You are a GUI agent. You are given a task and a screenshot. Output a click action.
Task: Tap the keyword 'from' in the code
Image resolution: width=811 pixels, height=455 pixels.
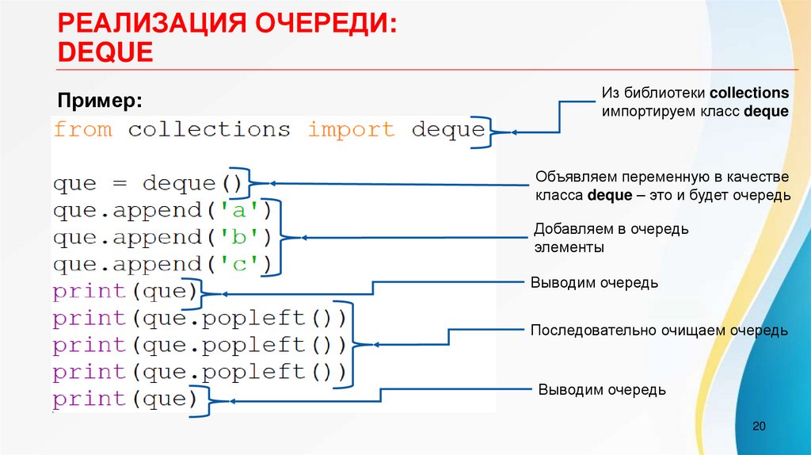[x=82, y=130]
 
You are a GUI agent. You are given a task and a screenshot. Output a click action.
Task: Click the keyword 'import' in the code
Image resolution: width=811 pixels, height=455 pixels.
[x=350, y=130]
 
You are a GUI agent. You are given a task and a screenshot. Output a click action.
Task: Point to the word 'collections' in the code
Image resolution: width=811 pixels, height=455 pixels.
[x=209, y=130]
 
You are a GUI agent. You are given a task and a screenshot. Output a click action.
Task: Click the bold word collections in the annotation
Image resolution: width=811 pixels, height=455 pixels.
[x=749, y=93]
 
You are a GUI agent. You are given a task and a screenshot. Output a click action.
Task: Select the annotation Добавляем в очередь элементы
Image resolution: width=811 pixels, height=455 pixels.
[x=611, y=238]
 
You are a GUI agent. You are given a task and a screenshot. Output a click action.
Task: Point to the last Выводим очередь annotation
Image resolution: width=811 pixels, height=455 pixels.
[x=602, y=390]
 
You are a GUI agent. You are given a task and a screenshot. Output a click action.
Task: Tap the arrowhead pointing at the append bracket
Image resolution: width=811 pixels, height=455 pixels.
[x=305, y=238]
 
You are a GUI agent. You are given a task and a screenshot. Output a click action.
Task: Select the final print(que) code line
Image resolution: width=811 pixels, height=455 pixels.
[x=124, y=399]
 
